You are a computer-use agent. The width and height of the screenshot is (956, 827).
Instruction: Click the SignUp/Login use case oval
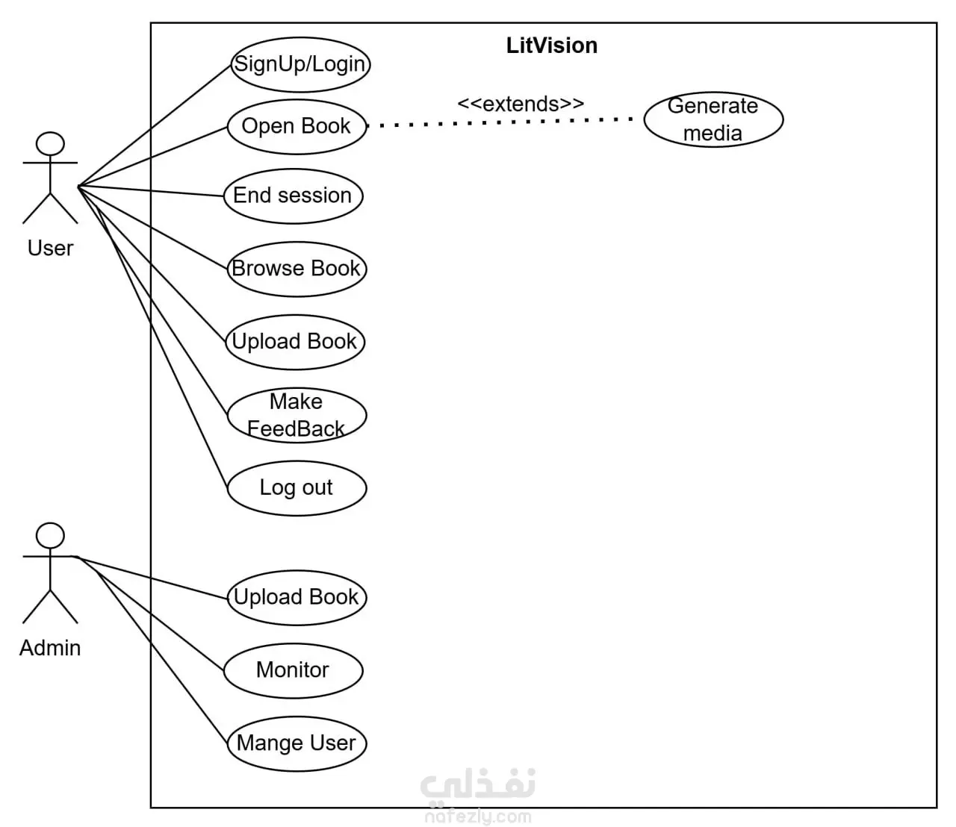point(300,65)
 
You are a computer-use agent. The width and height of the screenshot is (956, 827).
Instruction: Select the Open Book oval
point(297,127)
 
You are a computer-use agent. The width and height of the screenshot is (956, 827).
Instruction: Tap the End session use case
point(294,196)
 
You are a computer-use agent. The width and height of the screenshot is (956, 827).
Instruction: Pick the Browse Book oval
point(297,269)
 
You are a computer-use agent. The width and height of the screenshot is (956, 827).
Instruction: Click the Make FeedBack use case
point(297,415)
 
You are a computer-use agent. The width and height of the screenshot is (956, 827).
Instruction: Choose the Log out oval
point(297,488)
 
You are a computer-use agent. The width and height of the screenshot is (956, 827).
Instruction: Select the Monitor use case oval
point(294,671)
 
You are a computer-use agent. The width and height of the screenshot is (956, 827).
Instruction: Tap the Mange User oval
point(297,744)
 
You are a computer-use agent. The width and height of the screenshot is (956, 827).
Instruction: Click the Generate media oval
point(713,119)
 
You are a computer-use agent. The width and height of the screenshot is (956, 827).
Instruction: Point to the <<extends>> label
point(521,104)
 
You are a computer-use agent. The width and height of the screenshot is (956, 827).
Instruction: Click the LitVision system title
point(552,46)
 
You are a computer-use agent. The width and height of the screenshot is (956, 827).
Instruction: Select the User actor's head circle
point(50,143)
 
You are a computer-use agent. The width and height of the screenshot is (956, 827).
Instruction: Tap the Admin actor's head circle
point(50,535)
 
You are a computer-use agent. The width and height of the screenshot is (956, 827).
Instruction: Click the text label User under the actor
point(50,249)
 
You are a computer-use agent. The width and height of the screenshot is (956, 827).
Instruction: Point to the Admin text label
point(50,648)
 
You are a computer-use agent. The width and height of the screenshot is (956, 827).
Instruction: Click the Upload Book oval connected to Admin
point(297,598)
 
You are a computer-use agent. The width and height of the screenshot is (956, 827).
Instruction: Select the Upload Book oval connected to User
point(295,342)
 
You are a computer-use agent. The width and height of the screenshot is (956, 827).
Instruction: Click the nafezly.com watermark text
point(478,817)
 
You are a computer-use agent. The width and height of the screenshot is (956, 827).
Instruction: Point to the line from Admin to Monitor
point(148,614)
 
